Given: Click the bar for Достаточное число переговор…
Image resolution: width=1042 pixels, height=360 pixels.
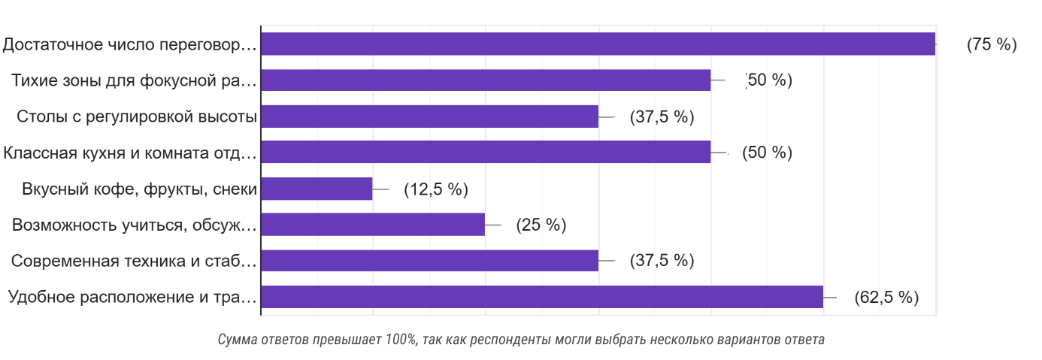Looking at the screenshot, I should point(598,44).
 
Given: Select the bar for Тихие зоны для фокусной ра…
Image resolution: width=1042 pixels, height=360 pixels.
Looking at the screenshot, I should point(486,80).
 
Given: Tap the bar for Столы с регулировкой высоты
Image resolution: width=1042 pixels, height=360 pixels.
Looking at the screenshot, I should point(429,116).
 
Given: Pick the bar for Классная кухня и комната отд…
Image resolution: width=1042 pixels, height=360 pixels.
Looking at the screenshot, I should point(486,153).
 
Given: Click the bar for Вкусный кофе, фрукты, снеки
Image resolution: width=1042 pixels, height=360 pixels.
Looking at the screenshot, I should point(317,189).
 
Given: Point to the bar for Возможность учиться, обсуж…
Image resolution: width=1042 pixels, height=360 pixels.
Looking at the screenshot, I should point(373,225).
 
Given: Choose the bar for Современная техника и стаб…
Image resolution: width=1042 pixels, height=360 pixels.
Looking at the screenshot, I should point(429,261).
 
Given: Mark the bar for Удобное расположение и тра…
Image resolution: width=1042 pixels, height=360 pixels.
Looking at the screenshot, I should point(542,297).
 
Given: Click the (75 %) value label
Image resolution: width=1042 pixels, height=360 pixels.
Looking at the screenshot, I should point(992,44).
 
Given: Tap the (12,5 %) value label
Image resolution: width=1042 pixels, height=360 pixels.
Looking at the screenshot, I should point(436,189).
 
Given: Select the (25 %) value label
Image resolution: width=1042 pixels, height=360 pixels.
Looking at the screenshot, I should point(541,225).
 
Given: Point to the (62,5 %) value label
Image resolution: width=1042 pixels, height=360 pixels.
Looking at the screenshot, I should point(886,298).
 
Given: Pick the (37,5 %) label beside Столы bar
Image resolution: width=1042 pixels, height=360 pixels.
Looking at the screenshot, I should point(662,117).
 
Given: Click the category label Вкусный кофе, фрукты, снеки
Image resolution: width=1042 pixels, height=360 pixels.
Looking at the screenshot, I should point(140,189).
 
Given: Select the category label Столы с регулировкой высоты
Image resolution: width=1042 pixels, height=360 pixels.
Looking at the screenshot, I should point(137,116).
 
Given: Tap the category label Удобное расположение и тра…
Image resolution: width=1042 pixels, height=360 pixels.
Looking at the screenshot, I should point(132,297).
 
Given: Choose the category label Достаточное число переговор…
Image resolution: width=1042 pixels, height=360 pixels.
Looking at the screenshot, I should point(129,44).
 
